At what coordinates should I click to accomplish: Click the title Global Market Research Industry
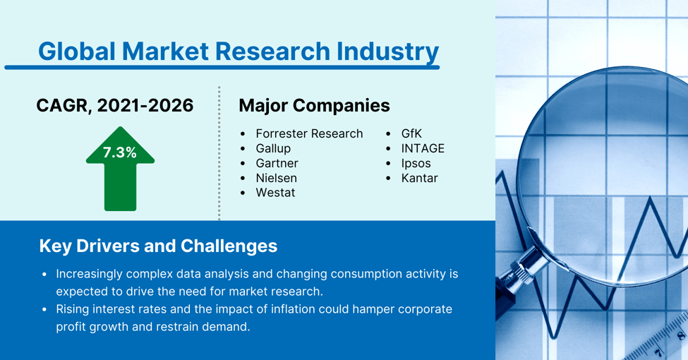pyautogui.click(x=238, y=51)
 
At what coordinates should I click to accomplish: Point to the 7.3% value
pyautogui.click(x=120, y=152)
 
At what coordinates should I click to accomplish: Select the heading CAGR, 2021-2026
pyautogui.click(x=115, y=105)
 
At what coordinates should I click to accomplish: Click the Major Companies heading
pyautogui.click(x=314, y=105)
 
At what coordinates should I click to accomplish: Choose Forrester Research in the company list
pyautogui.click(x=309, y=133)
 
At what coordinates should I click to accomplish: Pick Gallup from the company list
pyautogui.click(x=273, y=148)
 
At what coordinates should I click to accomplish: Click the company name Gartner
pyautogui.click(x=277, y=163)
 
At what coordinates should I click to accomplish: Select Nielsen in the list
pyautogui.click(x=276, y=178)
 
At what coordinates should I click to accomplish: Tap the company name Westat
pyautogui.click(x=275, y=193)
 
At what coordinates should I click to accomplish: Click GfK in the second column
pyautogui.click(x=411, y=133)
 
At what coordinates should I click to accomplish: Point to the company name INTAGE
pyautogui.click(x=423, y=148)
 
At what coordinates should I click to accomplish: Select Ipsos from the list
pyautogui.click(x=416, y=163)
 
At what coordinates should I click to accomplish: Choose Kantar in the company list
pyautogui.click(x=419, y=178)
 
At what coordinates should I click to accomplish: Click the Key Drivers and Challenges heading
pyautogui.click(x=158, y=246)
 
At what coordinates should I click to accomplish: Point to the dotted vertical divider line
pyautogui.click(x=219, y=152)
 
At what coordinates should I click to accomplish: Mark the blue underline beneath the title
pyautogui.click(x=222, y=68)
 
